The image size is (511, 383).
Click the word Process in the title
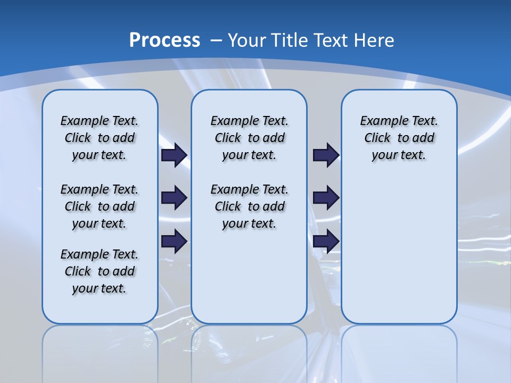(x=164, y=40)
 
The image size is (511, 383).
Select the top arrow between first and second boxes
(x=174, y=155)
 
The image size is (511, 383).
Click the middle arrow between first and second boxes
(x=174, y=198)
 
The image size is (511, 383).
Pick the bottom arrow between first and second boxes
(x=174, y=241)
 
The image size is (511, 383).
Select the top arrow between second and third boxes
(x=326, y=155)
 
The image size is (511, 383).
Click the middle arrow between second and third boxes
(x=326, y=198)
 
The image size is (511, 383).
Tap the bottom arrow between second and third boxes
(x=326, y=241)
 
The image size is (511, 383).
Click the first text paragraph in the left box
(x=100, y=138)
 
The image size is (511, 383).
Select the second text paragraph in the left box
(x=100, y=206)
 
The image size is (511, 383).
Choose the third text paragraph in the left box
(x=100, y=271)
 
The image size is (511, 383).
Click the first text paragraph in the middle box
(x=249, y=138)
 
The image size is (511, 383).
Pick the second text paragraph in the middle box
(x=249, y=206)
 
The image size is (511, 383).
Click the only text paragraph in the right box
(x=399, y=138)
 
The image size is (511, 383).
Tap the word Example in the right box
(x=379, y=121)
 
